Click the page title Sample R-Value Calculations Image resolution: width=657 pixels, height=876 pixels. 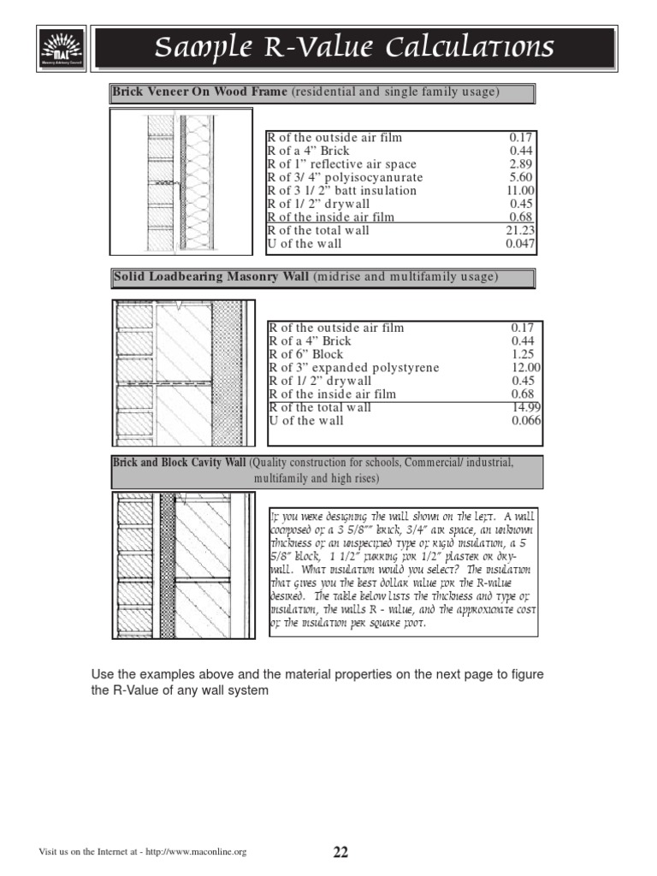[x=353, y=47]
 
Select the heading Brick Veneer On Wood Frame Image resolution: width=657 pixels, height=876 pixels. [x=200, y=92]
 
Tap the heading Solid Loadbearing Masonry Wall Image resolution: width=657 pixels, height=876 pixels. [x=212, y=277]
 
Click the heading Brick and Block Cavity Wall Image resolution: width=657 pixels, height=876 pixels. [x=179, y=463]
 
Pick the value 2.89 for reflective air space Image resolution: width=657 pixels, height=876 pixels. [x=521, y=164]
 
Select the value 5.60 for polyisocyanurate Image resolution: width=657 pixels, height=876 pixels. [x=521, y=178]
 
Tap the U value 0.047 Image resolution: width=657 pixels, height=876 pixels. [x=519, y=244]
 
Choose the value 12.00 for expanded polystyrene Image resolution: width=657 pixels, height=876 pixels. [x=523, y=368]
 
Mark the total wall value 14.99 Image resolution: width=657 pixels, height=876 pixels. [x=523, y=407]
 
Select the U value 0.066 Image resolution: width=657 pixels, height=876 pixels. [x=523, y=421]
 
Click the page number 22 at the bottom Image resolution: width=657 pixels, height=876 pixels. [x=340, y=852]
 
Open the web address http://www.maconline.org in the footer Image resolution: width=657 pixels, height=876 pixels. [x=196, y=852]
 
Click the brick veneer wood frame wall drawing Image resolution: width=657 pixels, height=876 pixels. [x=181, y=181]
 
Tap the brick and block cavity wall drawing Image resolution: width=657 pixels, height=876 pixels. [x=181, y=565]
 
